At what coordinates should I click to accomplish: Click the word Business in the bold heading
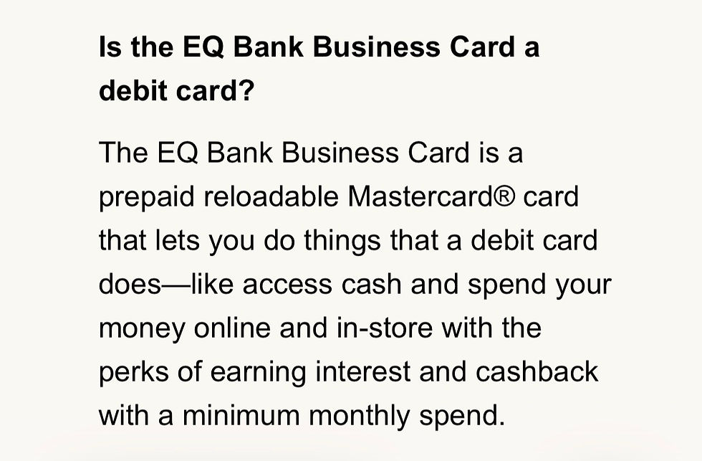(x=376, y=47)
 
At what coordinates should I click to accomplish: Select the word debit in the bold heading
(x=133, y=90)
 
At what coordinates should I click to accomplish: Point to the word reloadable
(x=271, y=196)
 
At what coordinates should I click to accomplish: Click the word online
(x=232, y=328)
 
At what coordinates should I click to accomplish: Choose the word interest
(x=363, y=372)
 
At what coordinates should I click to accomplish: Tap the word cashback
(x=537, y=372)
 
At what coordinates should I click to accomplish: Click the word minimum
(x=241, y=416)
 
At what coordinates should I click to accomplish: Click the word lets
(x=178, y=240)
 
